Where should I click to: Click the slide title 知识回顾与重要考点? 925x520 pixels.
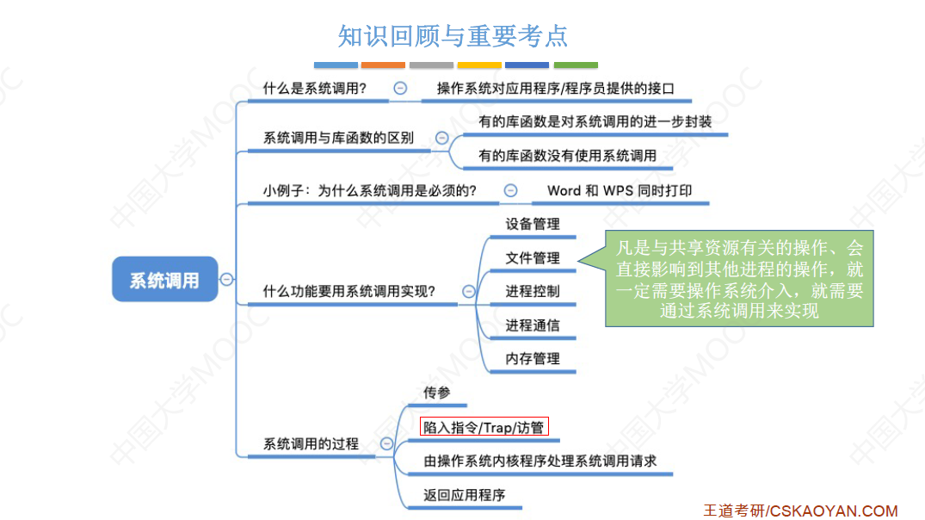tap(453, 36)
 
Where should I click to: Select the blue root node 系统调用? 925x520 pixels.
tap(164, 279)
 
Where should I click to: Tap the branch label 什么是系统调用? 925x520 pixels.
tap(315, 88)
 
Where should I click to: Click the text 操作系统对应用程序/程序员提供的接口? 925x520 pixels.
tap(555, 88)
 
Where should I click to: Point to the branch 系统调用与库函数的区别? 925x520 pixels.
tap(338, 138)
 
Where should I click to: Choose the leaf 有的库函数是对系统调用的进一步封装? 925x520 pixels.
tap(595, 121)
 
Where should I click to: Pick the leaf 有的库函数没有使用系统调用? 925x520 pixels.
tap(567, 155)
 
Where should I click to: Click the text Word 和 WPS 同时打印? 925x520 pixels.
tap(619, 190)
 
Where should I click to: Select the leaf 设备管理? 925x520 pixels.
tap(533, 224)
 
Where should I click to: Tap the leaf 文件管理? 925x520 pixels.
tap(533, 257)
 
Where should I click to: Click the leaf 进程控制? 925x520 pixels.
tap(533, 291)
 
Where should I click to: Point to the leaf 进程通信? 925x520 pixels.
tap(533, 325)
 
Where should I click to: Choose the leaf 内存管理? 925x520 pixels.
tap(533, 358)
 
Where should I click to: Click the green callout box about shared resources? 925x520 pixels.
tap(739, 279)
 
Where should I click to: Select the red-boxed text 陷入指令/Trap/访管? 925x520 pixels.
tap(484, 427)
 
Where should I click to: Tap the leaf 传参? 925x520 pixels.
tap(436, 393)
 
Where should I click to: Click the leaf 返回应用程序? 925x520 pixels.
tap(464, 495)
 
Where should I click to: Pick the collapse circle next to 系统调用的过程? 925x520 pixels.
tap(387, 444)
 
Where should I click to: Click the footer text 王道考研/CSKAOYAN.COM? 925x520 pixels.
tap(800, 511)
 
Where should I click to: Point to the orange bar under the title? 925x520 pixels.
tap(383, 65)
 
